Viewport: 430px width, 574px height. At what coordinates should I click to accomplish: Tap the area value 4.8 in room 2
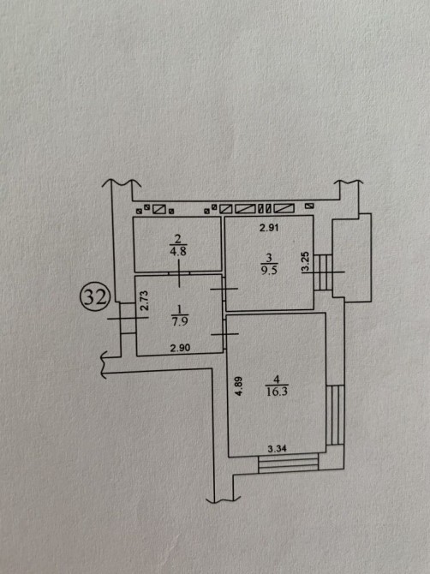pyautogui.click(x=178, y=252)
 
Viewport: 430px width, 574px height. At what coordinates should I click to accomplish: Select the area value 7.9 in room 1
pyautogui.click(x=180, y=322)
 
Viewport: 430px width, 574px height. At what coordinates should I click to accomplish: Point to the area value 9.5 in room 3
pyautogui.click(x=269, y=271)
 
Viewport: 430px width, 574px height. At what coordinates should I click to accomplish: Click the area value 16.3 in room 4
pyautogui.click(x=277, y=392)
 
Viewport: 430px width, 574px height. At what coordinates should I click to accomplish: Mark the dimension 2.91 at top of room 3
pyautogui.click(x=269, y=228)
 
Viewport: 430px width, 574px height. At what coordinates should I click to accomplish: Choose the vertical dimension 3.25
pyautogui.click(x=306, y=261)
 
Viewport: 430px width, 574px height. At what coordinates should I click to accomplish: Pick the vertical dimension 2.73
pyautogui.click(x=145, y=301)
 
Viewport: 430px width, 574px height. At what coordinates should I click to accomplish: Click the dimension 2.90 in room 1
pyautogui.click(x=180, y=348)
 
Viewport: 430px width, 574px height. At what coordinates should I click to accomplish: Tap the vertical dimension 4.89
pyautogui.click(x=239, y=386)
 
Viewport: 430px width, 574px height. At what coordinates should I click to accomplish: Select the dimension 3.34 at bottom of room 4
pyautogui.click(x=277, y=448)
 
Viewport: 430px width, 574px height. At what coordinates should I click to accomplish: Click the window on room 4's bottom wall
pyautogui.click(x=289, y=463)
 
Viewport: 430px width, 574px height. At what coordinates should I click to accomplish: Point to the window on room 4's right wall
pyautogui.click(x=335, y=415)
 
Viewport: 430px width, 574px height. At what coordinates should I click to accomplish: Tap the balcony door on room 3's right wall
pyautogui.click(x=323, y=272)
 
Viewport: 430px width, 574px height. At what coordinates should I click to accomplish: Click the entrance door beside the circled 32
pyautogui.click(x=128, y=318)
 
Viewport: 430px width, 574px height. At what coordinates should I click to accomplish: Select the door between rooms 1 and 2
pyautogui.click(x=179, y=273)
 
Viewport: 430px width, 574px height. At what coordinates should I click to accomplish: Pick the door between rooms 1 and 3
pyautogui.click(x=224, y=289)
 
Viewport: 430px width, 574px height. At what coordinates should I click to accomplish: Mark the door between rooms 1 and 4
pyautogui.click(x=224, y=334)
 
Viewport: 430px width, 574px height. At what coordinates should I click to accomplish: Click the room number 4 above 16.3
pyautogui.click(x=277, y=380)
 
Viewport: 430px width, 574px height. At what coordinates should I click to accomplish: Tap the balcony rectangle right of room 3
pyautogui.click(x=352, y=258)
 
